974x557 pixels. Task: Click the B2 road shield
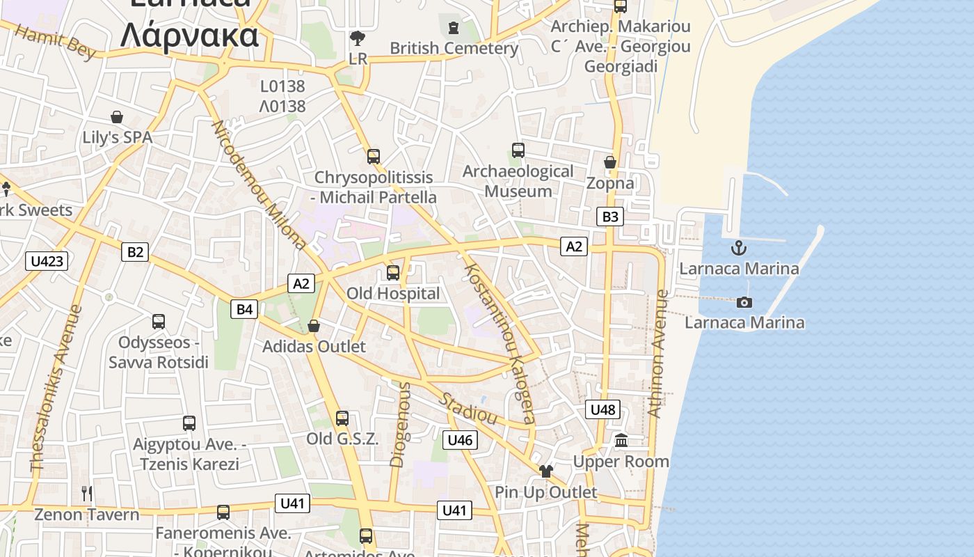135,251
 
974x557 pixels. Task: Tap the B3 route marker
610,217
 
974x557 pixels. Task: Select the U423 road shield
47,261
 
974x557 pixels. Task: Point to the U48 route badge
602,409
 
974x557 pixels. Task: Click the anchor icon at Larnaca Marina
738,248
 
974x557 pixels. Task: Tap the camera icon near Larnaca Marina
744,302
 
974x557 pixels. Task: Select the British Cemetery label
454,48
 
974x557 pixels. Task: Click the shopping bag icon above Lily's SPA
117,117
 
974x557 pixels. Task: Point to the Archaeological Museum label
518,181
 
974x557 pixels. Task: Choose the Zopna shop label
610,183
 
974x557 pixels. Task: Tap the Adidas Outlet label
314,346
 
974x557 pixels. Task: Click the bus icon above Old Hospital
393,273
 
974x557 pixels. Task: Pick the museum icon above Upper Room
621,441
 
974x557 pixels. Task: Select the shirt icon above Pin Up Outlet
545,471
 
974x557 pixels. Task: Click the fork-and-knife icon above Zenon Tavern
87,494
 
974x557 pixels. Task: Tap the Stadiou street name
470,409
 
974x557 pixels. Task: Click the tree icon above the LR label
358,38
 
